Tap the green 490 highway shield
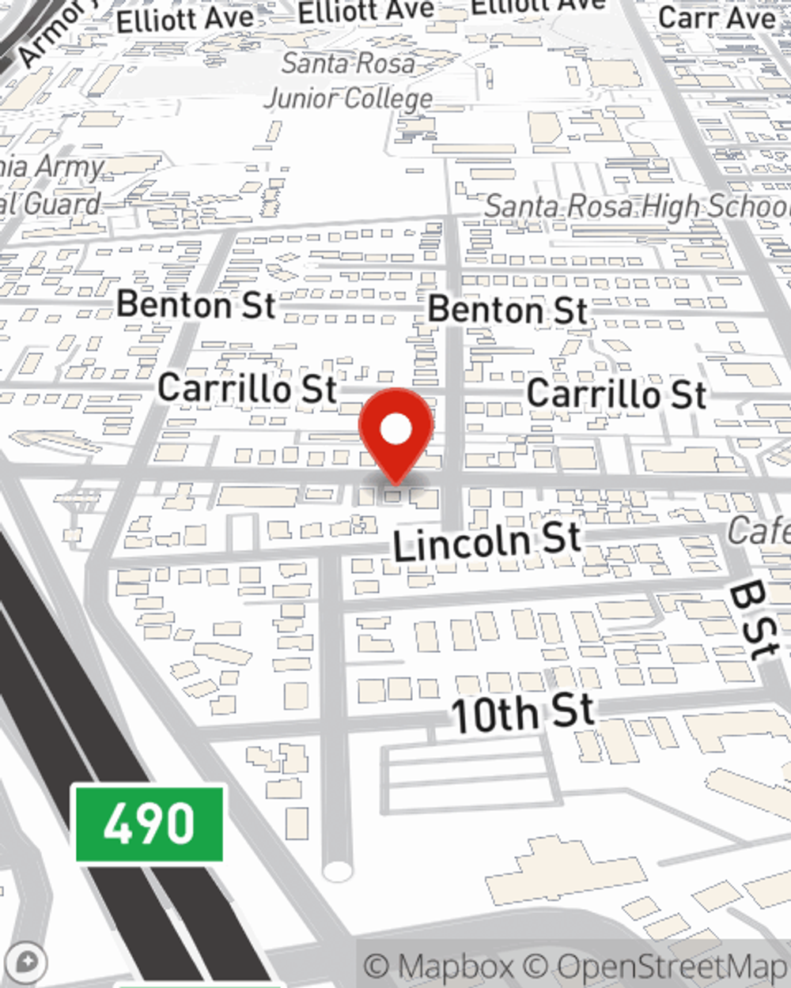[149, 824]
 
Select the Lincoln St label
[487, 542]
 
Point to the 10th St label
[522, 712]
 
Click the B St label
[754, 621]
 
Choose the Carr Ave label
[717, 17]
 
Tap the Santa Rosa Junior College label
[349, 81]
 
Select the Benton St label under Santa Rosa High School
[508, 310]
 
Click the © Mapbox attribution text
[439, 967]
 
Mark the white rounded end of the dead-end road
[338, 871]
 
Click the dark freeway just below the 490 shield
[198, 917]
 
